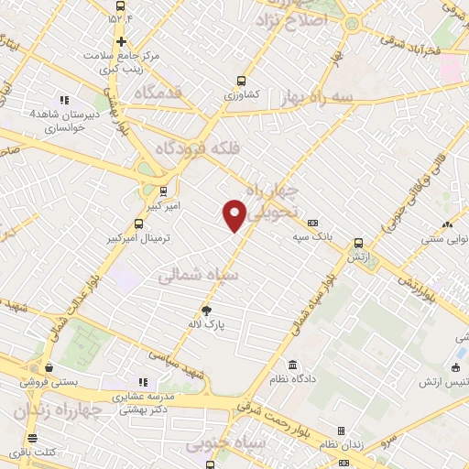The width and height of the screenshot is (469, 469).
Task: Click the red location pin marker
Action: (235, 214)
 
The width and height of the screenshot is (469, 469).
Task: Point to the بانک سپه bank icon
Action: (312, 223)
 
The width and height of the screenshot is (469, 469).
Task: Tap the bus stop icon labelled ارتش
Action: (358, 244)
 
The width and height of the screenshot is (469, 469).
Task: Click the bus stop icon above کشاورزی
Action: (241, 81)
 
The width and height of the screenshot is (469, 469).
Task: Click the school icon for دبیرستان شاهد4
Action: (64, 100)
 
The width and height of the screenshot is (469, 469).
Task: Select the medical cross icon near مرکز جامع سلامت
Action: (121, 41)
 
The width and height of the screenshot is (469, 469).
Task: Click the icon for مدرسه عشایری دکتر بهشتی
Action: (142, 382)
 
